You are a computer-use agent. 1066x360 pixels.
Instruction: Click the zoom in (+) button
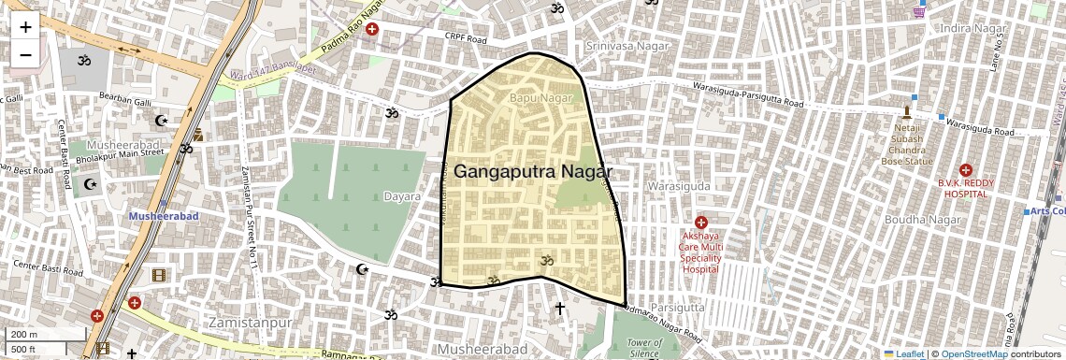(x=25, y=27)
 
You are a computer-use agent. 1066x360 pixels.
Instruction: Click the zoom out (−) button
(x=25, y=55)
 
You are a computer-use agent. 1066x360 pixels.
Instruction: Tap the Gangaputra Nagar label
(x=533, y=172)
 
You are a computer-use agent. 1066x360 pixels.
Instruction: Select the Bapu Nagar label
(x=540, y=97)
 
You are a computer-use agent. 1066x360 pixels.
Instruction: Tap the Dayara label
(x=402, y=197)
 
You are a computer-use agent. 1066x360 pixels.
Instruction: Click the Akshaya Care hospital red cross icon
(x=700, y=223)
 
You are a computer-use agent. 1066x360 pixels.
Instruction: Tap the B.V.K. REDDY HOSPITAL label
(x=964, y=188)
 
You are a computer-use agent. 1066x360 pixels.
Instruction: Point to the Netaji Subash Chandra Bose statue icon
(x=905, y=111)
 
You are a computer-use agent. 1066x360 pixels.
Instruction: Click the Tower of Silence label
(x=644, y=348)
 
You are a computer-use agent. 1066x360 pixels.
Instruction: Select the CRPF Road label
(x=467, y=40)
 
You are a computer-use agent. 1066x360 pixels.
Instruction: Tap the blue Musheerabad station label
(x=164, y=216)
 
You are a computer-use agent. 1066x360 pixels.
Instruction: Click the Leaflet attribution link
(x=904, y=353)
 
